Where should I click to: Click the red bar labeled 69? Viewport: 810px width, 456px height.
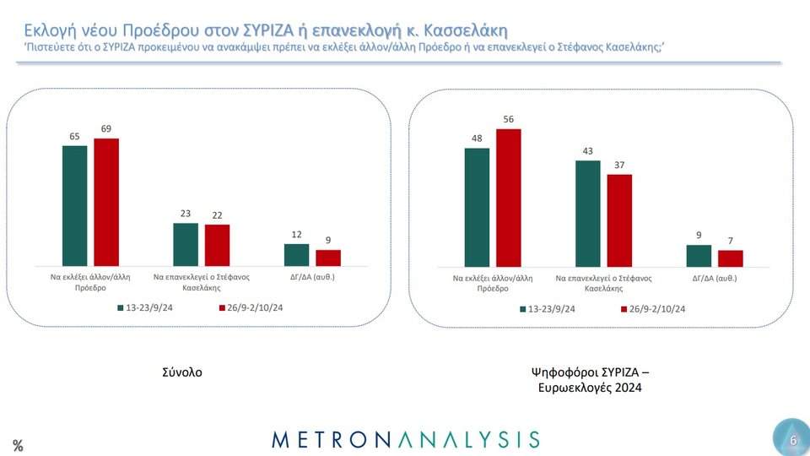click(106, 203)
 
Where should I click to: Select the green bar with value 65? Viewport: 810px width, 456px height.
click(75, 206)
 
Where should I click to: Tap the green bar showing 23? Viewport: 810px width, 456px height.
click(186, 245)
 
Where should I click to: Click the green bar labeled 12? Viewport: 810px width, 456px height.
click(296, 255)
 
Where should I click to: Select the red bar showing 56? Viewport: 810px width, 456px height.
click(509, 198)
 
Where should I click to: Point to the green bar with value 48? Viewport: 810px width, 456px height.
click(477, 208)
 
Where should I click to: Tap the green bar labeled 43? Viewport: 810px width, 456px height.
click(587, 214)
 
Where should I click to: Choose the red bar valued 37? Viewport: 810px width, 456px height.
click(619, 220)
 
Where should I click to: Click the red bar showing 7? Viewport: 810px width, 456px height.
click(730, 258)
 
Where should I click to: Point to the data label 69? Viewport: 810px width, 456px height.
click(106, 128)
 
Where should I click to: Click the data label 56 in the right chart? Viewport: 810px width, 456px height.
click(509, 120)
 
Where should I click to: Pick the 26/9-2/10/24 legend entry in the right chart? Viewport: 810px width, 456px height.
click(651, 309)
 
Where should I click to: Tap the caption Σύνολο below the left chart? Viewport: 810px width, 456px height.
click(183, 372)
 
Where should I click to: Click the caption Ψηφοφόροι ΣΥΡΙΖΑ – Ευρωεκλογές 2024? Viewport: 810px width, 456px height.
click(591, 379)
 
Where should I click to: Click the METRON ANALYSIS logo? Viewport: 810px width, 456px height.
click(406, 438)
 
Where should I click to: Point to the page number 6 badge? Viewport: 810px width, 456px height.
click(792, 439)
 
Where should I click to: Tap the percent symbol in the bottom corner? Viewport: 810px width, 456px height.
click(18, 446)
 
